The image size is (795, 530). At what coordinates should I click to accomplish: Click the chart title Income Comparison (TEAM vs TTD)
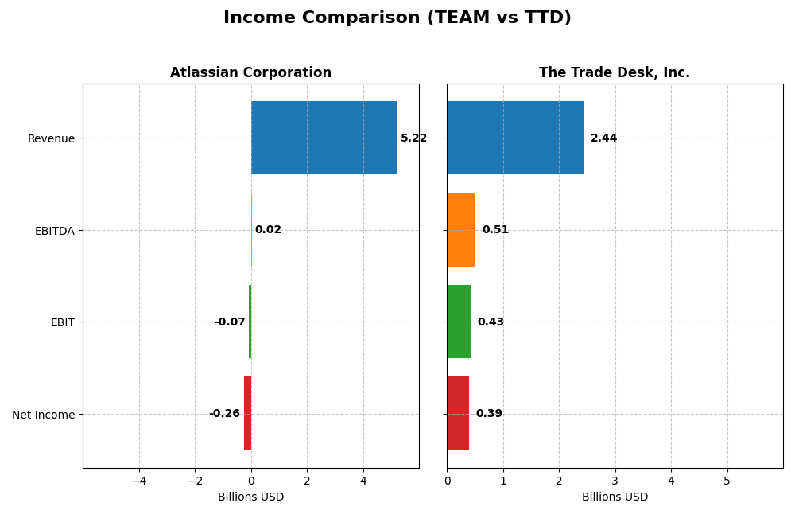[397, 18]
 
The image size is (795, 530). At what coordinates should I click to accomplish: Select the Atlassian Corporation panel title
[250, 72]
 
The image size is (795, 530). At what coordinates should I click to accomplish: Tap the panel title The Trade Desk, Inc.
[614, 72]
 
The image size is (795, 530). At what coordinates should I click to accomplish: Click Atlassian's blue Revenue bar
[324, 138]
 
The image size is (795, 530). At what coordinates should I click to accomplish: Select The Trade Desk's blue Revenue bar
[515, 138]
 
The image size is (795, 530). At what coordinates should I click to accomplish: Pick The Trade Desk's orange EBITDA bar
[461, 229]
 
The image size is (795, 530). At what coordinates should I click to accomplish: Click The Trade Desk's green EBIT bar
[459, 322]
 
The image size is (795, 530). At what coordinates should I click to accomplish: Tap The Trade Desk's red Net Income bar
[458, 413]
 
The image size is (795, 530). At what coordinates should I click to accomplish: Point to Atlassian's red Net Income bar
[247, 413]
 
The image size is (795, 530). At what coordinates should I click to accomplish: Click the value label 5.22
[413, 138]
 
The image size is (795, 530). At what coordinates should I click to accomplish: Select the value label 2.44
[603, 138]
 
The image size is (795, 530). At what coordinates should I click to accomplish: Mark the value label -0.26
[224, 414]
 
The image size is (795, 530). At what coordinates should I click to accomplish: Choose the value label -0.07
[230, 322]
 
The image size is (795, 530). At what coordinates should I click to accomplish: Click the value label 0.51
[495, 230]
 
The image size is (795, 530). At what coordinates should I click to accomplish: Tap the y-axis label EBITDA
[55, 231]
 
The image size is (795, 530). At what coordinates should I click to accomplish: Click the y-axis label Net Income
[44, 415]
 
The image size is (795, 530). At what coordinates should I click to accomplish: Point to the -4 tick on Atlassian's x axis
[139, 481]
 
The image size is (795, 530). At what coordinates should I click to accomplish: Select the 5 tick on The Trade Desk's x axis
[727, 481]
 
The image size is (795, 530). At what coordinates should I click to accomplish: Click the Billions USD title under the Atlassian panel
[250, 497]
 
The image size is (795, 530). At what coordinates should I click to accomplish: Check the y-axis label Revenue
[51, 138]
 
